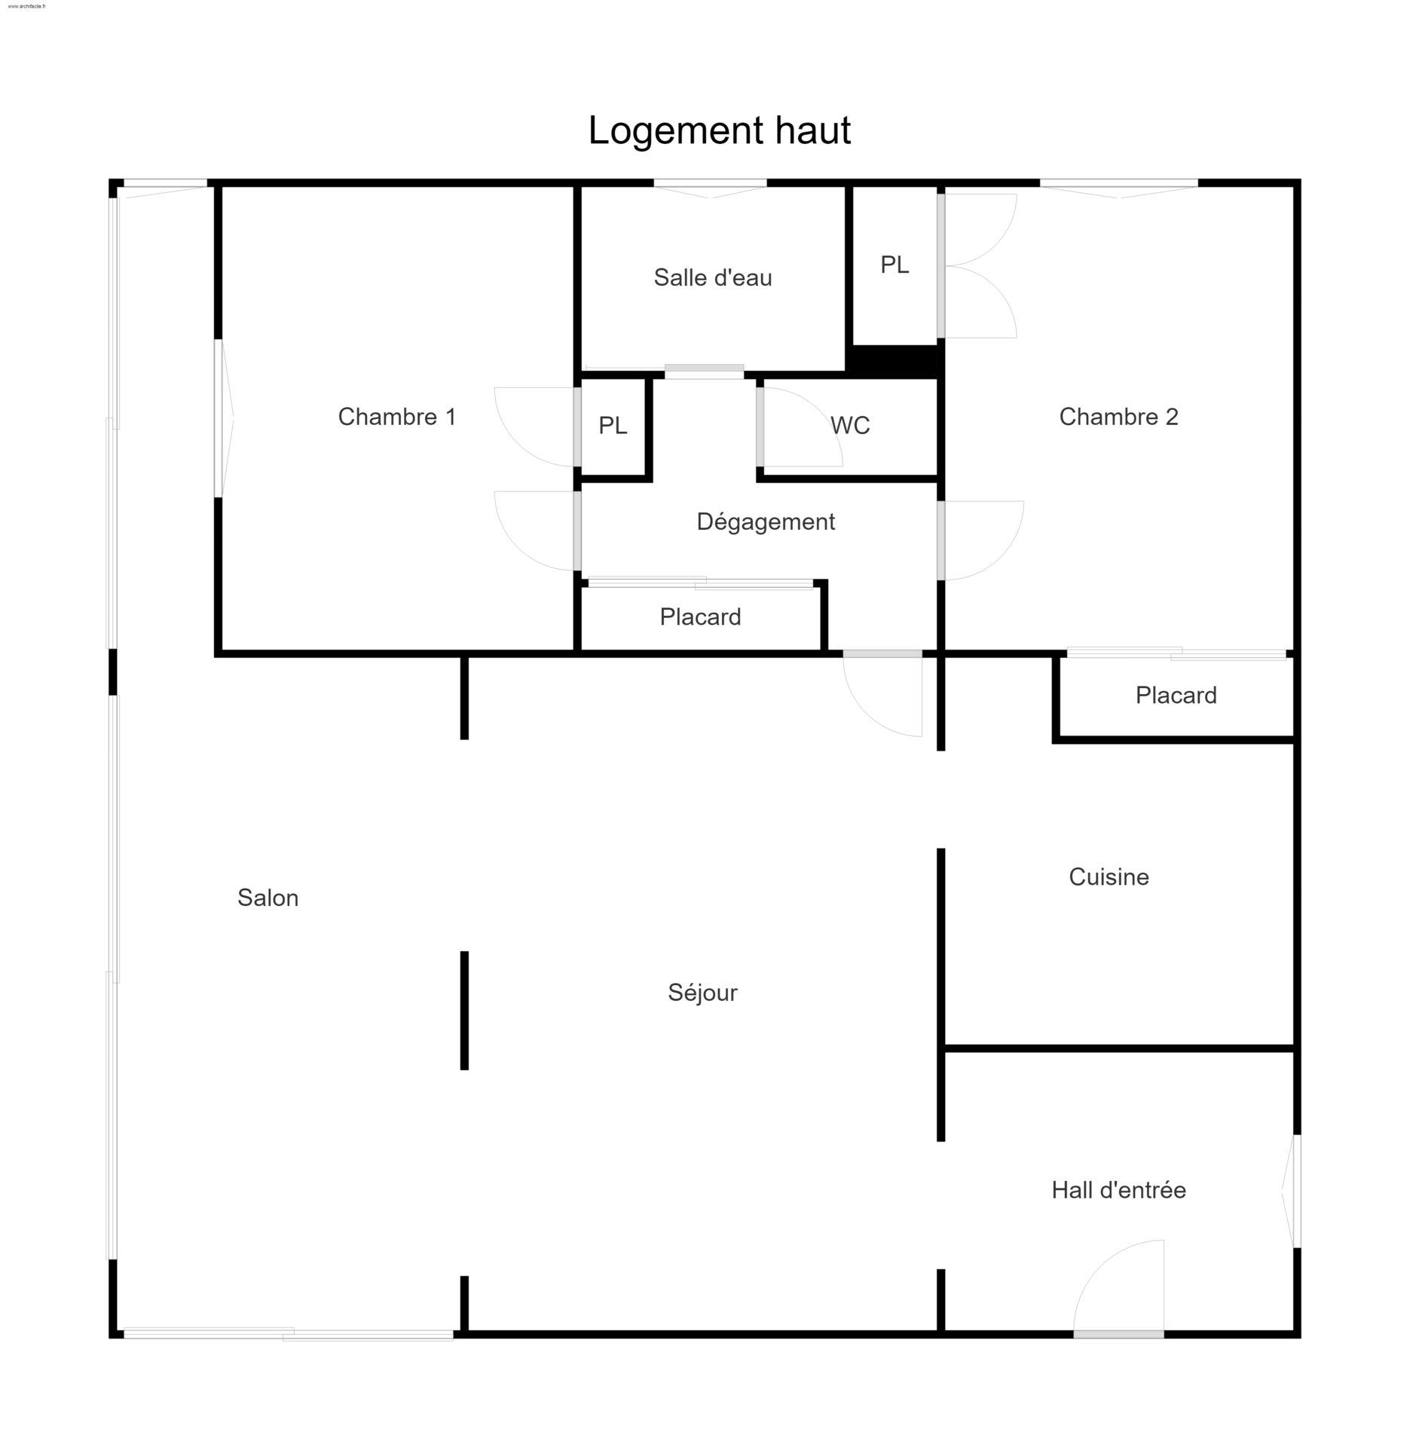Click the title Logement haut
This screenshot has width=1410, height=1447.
click(x=719, y=130)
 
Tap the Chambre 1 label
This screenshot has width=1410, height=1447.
click(x=397, y=417)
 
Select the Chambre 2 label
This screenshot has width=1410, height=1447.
click(x=1118, y=417)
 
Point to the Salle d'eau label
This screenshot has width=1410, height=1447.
click(x=713, y=277)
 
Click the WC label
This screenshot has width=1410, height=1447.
click(x=850, y=426)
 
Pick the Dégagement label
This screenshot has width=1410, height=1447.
click(x=766, y=522)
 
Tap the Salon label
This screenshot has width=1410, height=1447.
click(x=268, y=898)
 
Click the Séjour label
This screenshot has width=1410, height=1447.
click(x=702, y=993)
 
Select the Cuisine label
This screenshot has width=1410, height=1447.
click(x=1109, y=876)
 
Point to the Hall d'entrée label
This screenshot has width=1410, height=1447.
click(x=1118, y=1190)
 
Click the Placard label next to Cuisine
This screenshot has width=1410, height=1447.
click(x=1176, y=695)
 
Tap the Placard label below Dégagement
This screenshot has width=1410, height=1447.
click(x=700, y=617)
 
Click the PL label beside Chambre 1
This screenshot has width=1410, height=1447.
click(x=613, y=426)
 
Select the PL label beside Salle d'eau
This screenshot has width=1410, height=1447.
click(x=895, y=265)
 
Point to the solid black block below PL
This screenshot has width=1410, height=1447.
click(x=895, y=361)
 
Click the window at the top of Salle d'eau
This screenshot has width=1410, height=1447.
click(x=710, y=188)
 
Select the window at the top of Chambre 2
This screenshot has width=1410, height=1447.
click(x=1119, y=188)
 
